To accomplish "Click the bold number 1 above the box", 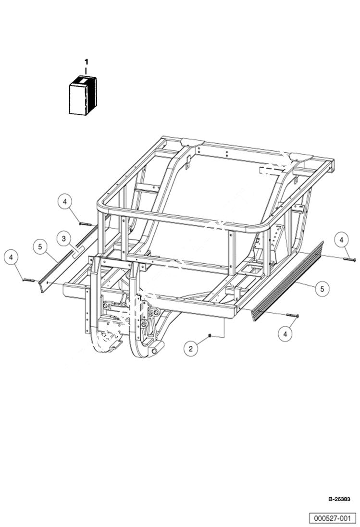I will coord(87,62).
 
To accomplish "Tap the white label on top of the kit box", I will coord(85,82).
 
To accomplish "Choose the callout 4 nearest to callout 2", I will coord(286,333).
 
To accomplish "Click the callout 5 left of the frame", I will coord(40,247).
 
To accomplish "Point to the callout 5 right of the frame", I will coord(323,288).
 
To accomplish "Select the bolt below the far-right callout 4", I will coord(349,259).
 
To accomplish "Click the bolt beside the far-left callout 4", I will coord(29,281).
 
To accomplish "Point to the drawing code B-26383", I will coord(339,499).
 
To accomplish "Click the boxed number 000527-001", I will coord(333,518).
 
